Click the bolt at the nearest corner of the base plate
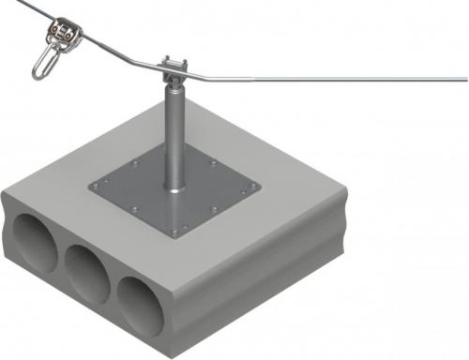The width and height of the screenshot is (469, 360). (189, 227)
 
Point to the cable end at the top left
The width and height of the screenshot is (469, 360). (3, 4)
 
